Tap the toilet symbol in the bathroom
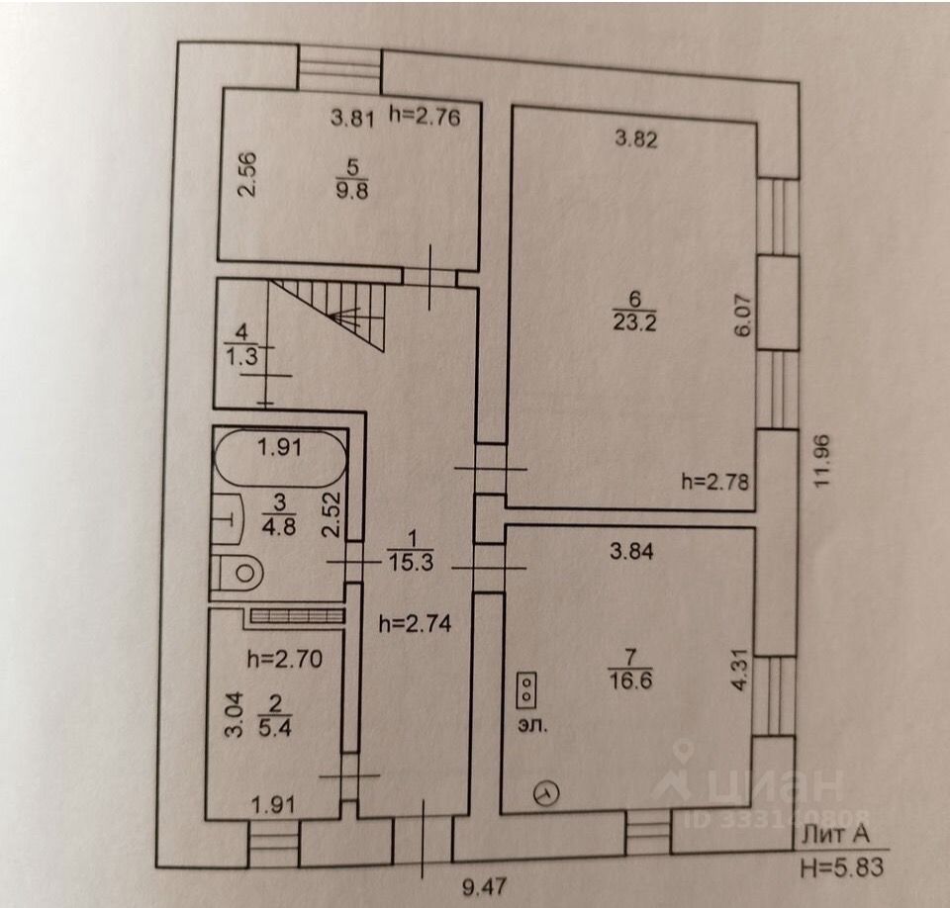pos(237,573)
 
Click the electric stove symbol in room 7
pos(527,689)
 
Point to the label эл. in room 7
pos(532,725)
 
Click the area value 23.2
pos(634,322)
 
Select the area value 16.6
pos(630,681)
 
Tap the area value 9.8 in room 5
pos(352,191)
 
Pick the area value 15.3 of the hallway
pos(412,562)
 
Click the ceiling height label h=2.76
pos(425,117)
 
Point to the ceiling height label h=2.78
pos(714,482)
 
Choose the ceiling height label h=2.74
pos(415,623)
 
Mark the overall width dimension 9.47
pos(484,888)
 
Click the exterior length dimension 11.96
pos(821,461)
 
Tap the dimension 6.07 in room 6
pos(744,315)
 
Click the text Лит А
pos(835,835)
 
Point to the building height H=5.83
pos(841,868)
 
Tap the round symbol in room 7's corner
pos(546,792)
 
